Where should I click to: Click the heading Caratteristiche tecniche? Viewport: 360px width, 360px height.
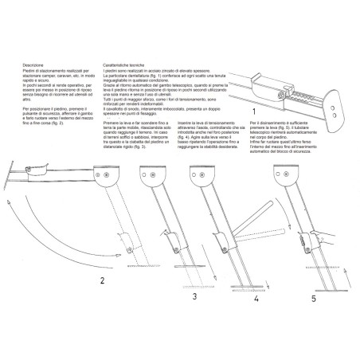pyautogui.click(x=122, y=64)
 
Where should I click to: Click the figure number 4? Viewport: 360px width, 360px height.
pyautogui.click(x=256, y=301)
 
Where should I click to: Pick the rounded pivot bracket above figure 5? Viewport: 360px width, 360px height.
pyautogui.click(x=284, y=176)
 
